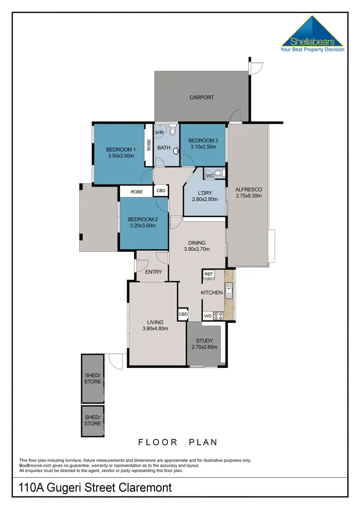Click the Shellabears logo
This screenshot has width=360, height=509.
(312, 35)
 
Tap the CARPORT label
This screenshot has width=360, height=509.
(202, 97)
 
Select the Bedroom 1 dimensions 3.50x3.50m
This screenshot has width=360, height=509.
(121, 156)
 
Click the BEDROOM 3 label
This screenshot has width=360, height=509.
(203, 141)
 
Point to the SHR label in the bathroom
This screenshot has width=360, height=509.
(159, 132)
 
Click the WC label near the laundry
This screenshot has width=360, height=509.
(209, 176)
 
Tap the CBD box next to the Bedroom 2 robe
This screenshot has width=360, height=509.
(161, 191)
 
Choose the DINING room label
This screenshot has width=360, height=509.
(197, 243)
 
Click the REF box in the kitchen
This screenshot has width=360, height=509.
(208, 274)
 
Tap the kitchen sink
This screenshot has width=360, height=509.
(229, 289)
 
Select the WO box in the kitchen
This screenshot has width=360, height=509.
(208, 316)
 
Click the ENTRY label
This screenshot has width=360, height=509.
(154, 272)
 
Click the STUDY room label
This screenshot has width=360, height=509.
(204, 341)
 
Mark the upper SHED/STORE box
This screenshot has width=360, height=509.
(93, 378)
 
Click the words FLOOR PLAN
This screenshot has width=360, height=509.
(178, 442)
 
